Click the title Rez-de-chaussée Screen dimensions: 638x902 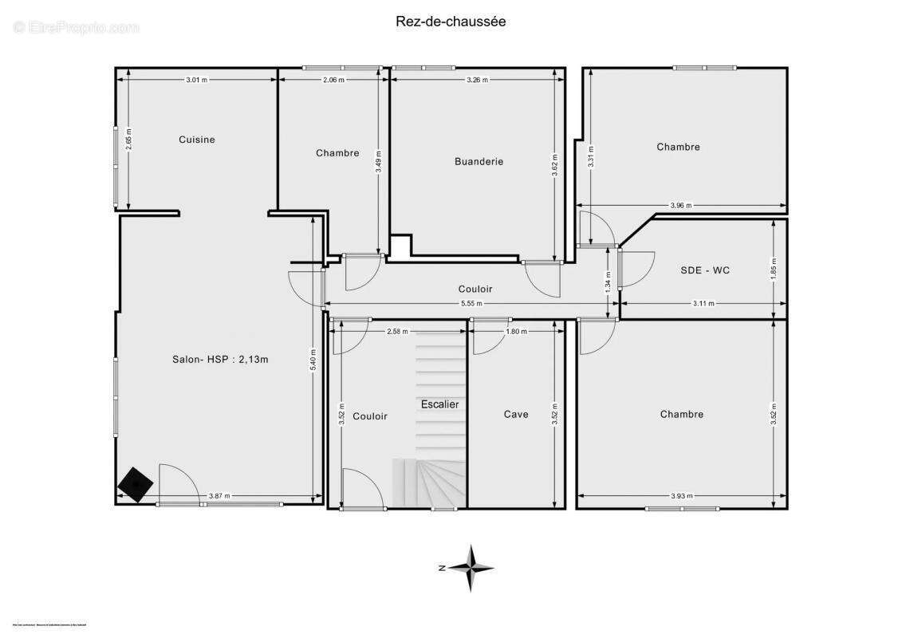(x=451, y=22)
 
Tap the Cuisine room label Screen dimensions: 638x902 (x=196, y=140)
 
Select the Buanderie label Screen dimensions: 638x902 (x=479, y=161)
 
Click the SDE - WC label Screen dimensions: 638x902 (x=704, y=270)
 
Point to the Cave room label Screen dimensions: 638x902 (x=516, y=414)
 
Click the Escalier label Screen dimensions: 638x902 (x=440, y=404)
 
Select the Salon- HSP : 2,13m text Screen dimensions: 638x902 (x=221, y=359)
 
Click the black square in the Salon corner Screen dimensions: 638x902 (x=136, y=482)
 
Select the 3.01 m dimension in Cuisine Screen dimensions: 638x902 (x=196, y=80)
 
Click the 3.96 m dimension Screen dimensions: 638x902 (x=680, y=206)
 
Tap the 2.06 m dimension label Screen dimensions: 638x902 (x=333, y=80)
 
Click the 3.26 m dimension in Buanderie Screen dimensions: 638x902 (x=477, y=80)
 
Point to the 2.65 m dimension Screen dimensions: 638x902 (x=128, y=140)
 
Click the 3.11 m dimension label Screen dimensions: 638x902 (x=703, y=304)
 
